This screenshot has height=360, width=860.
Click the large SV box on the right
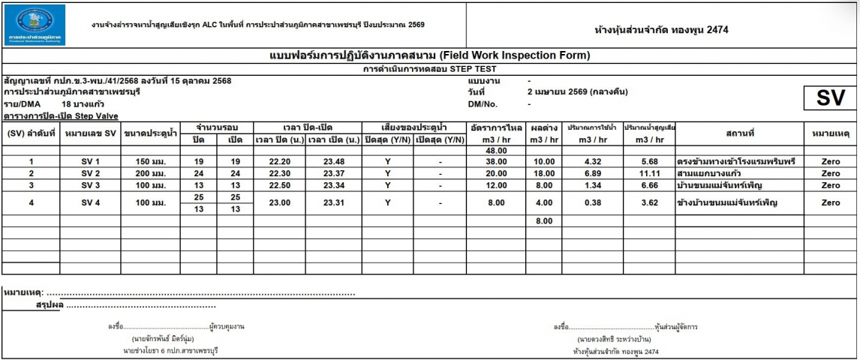click(x=830, y=99)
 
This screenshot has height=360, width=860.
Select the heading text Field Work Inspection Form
click(x=429, y=55)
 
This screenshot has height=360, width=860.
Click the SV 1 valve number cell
click(x=90, y=162)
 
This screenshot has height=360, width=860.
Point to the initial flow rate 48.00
click(x=497, y=151)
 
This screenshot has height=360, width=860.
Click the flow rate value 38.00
click(x=497, y=162)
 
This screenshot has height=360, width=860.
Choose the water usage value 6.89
click(x=593, y=173)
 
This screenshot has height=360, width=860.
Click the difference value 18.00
click(x=543, y=173)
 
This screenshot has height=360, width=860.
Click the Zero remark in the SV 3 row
click(x=831, y=184)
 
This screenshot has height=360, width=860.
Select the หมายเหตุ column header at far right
click(x=831, y=133)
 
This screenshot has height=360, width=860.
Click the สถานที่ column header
click(x=739, y=133)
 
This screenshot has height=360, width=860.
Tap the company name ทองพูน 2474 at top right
click(x=661, y=30)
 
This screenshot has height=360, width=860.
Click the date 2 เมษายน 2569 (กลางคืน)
click(x=577, y=91)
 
